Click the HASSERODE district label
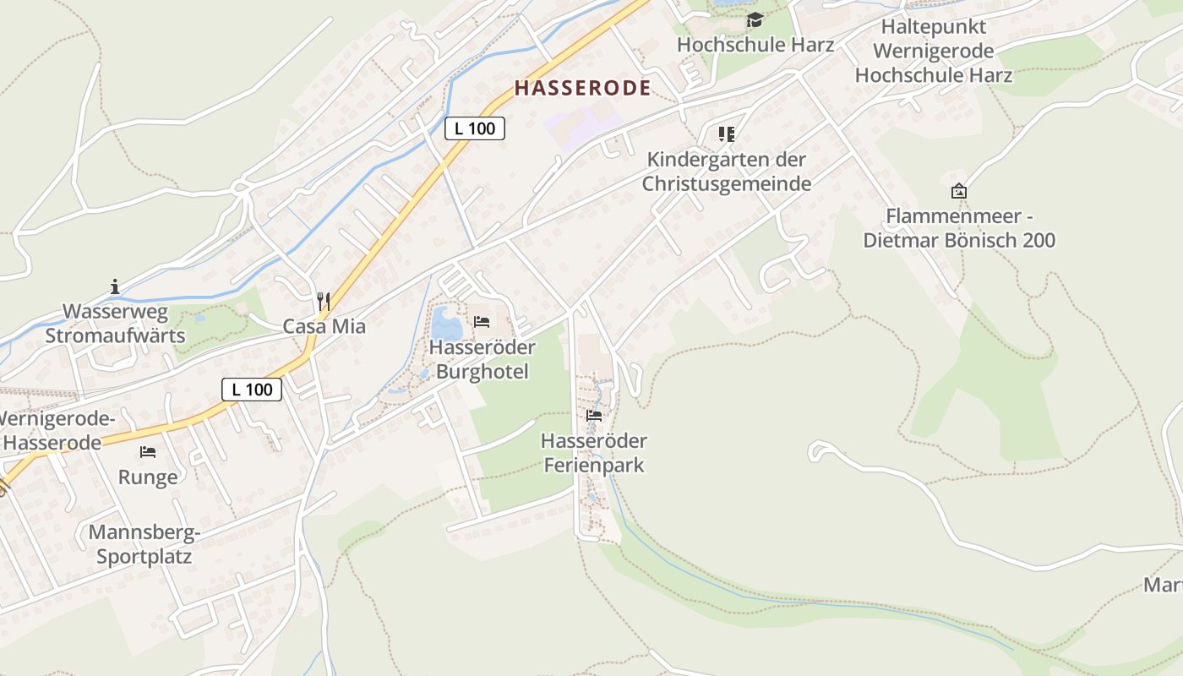[x=583, y=88]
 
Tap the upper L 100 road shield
[x=475, y=128]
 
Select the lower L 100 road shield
[x=252, y=390]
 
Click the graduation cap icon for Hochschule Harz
[x=755, y=20]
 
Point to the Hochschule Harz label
[x=755, y=45]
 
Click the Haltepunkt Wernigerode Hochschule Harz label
[x=934, y=51]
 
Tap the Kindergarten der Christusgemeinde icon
[x=727, y=134]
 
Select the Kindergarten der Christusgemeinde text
[x=727, y=172]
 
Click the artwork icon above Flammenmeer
[x=958, y=191]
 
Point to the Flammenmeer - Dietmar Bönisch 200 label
[x=959, y=228]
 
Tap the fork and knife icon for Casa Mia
[x=323, y=300]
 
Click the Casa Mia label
[x=324, y=326]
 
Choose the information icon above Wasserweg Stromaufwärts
[x=115, y=287]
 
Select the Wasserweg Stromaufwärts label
[x=115, y=324]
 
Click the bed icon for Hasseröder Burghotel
[x=482, y=322]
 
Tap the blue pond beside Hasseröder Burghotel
[x=446, y=324]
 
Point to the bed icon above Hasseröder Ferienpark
[x=594, y=416]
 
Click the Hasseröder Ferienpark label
[x=594, y=453]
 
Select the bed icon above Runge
[x=148, y=452]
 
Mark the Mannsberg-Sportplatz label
[x=144, y=545]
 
